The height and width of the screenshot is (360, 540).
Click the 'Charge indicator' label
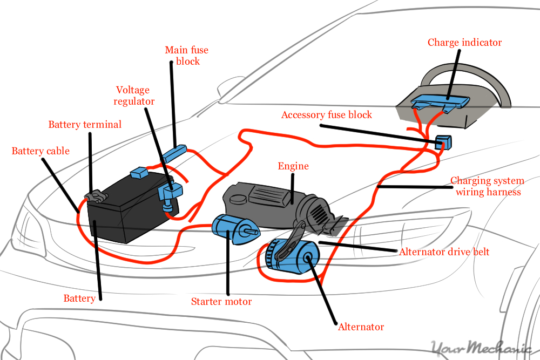[464, 42]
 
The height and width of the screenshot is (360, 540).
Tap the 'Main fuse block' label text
[186, 56]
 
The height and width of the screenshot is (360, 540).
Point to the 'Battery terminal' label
[85, 125]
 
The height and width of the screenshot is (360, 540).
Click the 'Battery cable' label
[40, 151]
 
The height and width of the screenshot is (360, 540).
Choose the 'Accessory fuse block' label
[327, 115]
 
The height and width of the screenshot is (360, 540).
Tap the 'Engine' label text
[293, 166]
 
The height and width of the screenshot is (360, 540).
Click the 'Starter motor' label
[221, 301]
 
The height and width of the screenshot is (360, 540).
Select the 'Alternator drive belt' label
[444, 252]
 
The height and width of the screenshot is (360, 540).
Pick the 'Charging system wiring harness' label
[487, 186]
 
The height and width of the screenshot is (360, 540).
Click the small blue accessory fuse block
[443, 142]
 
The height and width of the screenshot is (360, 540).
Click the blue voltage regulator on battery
[171, 192]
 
